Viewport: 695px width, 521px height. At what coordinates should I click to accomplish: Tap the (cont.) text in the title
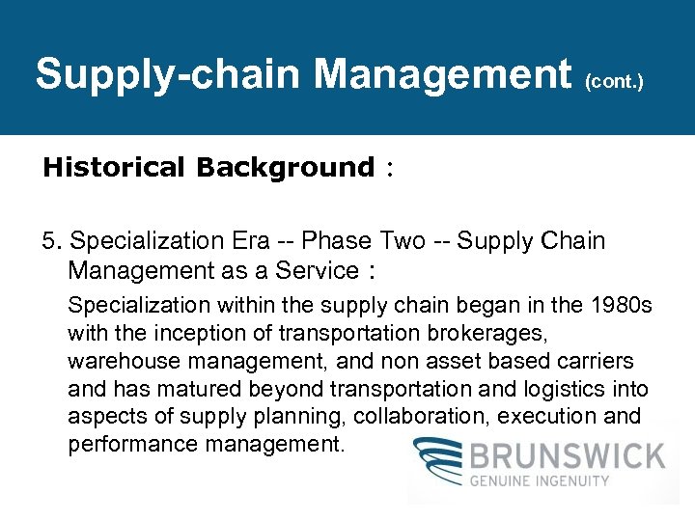[x=614, y=82]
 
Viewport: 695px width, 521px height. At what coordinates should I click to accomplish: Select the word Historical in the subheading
[x=113, y=167]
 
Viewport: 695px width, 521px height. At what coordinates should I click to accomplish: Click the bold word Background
[x=284, y=167]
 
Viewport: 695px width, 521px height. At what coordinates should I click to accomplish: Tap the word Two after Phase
[x=404, y=240]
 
